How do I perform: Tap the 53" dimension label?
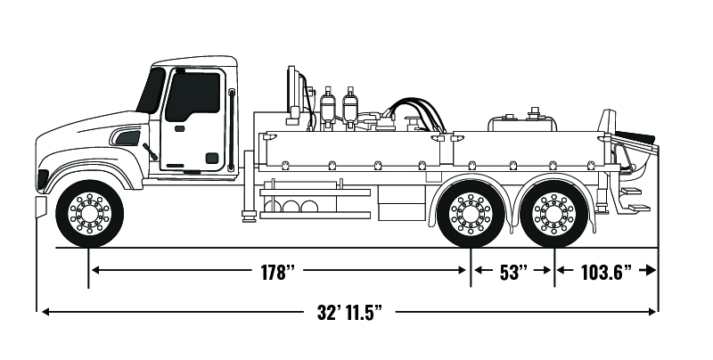coord(512,272)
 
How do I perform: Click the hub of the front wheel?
coord(89,214)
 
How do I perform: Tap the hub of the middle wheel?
coord(470,214)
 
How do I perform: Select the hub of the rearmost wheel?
coord(553,214)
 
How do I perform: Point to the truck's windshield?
coord(152,90)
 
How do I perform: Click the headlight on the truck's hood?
coord(127,138)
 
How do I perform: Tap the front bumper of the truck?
coord(40,206)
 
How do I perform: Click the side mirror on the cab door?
coord(150,152)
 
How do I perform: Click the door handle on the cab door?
coord(179,128)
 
